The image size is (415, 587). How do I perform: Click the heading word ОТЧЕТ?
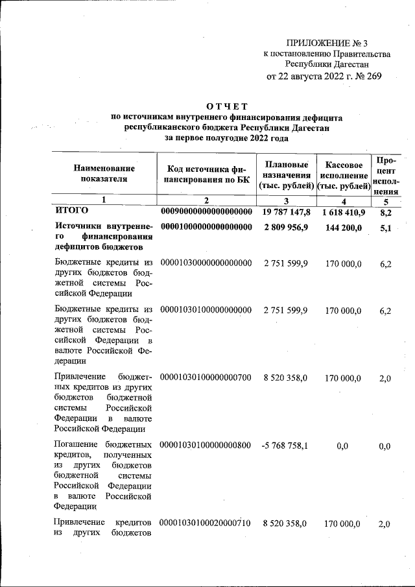point(227,106)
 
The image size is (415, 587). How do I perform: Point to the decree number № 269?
point(367,76)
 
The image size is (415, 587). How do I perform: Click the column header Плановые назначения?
point(286,175)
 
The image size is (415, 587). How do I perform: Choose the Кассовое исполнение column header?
point(342,175)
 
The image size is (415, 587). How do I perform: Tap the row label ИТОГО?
point(71,211)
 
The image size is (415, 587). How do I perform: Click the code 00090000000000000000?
point(206,212)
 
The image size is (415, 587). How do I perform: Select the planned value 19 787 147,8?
point(286,212)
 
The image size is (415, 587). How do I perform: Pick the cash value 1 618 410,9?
point(342,212)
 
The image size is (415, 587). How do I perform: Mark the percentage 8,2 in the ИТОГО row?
point(385,212)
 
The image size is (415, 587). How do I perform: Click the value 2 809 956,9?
point(286,227)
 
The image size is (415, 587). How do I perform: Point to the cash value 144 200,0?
point(342,227)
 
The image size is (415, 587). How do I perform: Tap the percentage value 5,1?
point(385,227)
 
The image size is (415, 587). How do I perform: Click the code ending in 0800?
point(206,446)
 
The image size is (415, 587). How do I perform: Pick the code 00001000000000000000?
point(206,227)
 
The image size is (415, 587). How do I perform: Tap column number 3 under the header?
point(286,201)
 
